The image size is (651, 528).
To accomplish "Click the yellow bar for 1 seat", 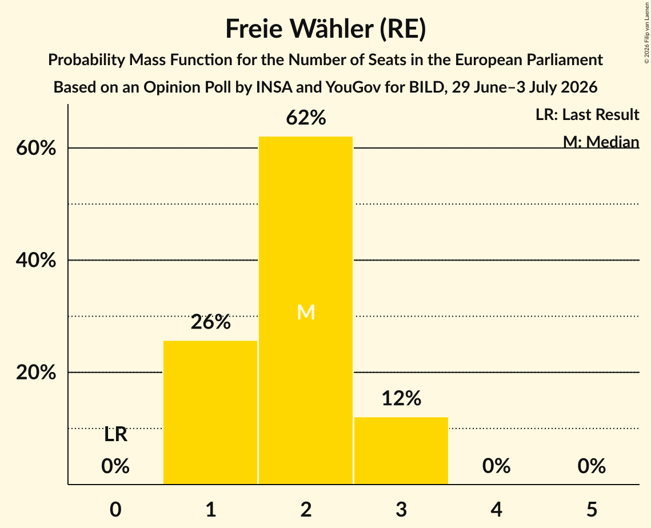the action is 210,412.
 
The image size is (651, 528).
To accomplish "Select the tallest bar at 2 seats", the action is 306,310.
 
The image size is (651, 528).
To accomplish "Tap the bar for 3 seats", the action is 401,451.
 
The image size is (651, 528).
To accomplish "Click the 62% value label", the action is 306,118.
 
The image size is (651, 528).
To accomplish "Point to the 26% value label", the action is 210,322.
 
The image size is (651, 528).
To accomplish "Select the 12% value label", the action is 401,398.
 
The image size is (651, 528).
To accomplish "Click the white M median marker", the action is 306,312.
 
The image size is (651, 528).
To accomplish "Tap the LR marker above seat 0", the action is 115,435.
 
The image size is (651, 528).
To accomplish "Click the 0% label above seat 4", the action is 497,466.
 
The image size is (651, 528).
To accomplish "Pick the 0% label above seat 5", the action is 592,466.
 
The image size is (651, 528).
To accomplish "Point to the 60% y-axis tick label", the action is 35,148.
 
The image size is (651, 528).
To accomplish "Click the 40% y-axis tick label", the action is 35,260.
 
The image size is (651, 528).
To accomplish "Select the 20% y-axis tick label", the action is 35,373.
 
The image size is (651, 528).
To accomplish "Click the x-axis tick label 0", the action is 115,509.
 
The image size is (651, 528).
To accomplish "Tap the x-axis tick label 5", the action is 592,509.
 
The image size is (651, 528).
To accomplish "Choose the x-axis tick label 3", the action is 401,509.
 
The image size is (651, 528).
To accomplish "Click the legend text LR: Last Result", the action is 587,114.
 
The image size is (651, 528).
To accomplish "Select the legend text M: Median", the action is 601,142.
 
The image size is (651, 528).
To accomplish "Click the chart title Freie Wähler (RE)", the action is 326,29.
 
